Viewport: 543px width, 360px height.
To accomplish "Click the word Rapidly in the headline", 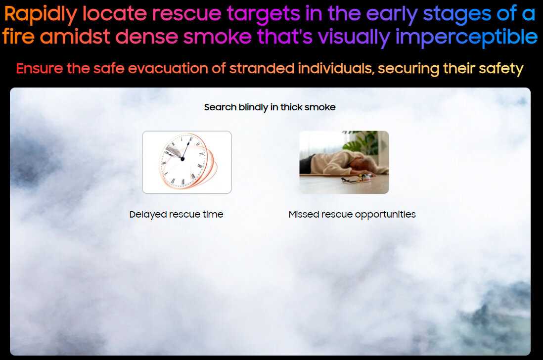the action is point(41,14).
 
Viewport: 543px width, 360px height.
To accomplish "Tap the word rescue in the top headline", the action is point(186,14).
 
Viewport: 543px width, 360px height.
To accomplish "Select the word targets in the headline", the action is point(263,14).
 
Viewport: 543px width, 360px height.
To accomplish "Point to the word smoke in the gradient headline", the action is point(218,37).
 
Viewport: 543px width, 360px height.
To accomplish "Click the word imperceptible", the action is point(466,38).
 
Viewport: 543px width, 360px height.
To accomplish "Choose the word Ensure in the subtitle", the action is point(40,68).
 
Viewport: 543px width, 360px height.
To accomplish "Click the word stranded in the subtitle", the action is point(262,68).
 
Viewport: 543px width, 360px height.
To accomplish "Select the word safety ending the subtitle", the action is point(501,69).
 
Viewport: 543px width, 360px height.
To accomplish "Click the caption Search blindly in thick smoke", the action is point(270,107).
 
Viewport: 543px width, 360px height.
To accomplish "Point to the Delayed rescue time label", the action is point(176,214).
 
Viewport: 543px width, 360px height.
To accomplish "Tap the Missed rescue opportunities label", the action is point(352,215).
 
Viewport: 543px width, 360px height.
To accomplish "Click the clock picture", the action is point(187,162).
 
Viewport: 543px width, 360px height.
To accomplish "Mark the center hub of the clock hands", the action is point(182,159).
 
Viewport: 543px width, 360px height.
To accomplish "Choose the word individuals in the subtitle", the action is point(336,68).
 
